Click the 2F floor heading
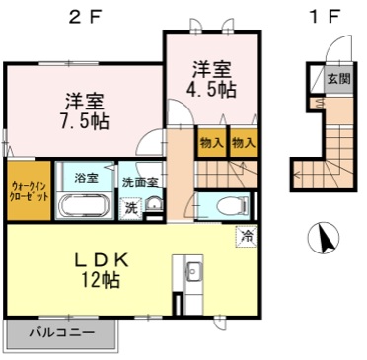[84, 17]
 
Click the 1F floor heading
[324, 17]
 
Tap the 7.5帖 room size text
[84, 121]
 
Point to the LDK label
[101, 261]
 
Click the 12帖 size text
[101, 280]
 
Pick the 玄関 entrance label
[339, 79]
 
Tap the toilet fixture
[233, 206]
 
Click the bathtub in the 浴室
[85, 205]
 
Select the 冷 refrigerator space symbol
[247, 236]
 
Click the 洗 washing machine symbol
[131, 208]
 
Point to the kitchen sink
[193, 271]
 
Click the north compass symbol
[324, 238]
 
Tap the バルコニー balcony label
[62, 333]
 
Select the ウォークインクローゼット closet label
[30, 192]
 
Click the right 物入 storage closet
[244, 143]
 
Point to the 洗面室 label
[141, 182]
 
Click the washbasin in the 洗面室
[154, 205]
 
